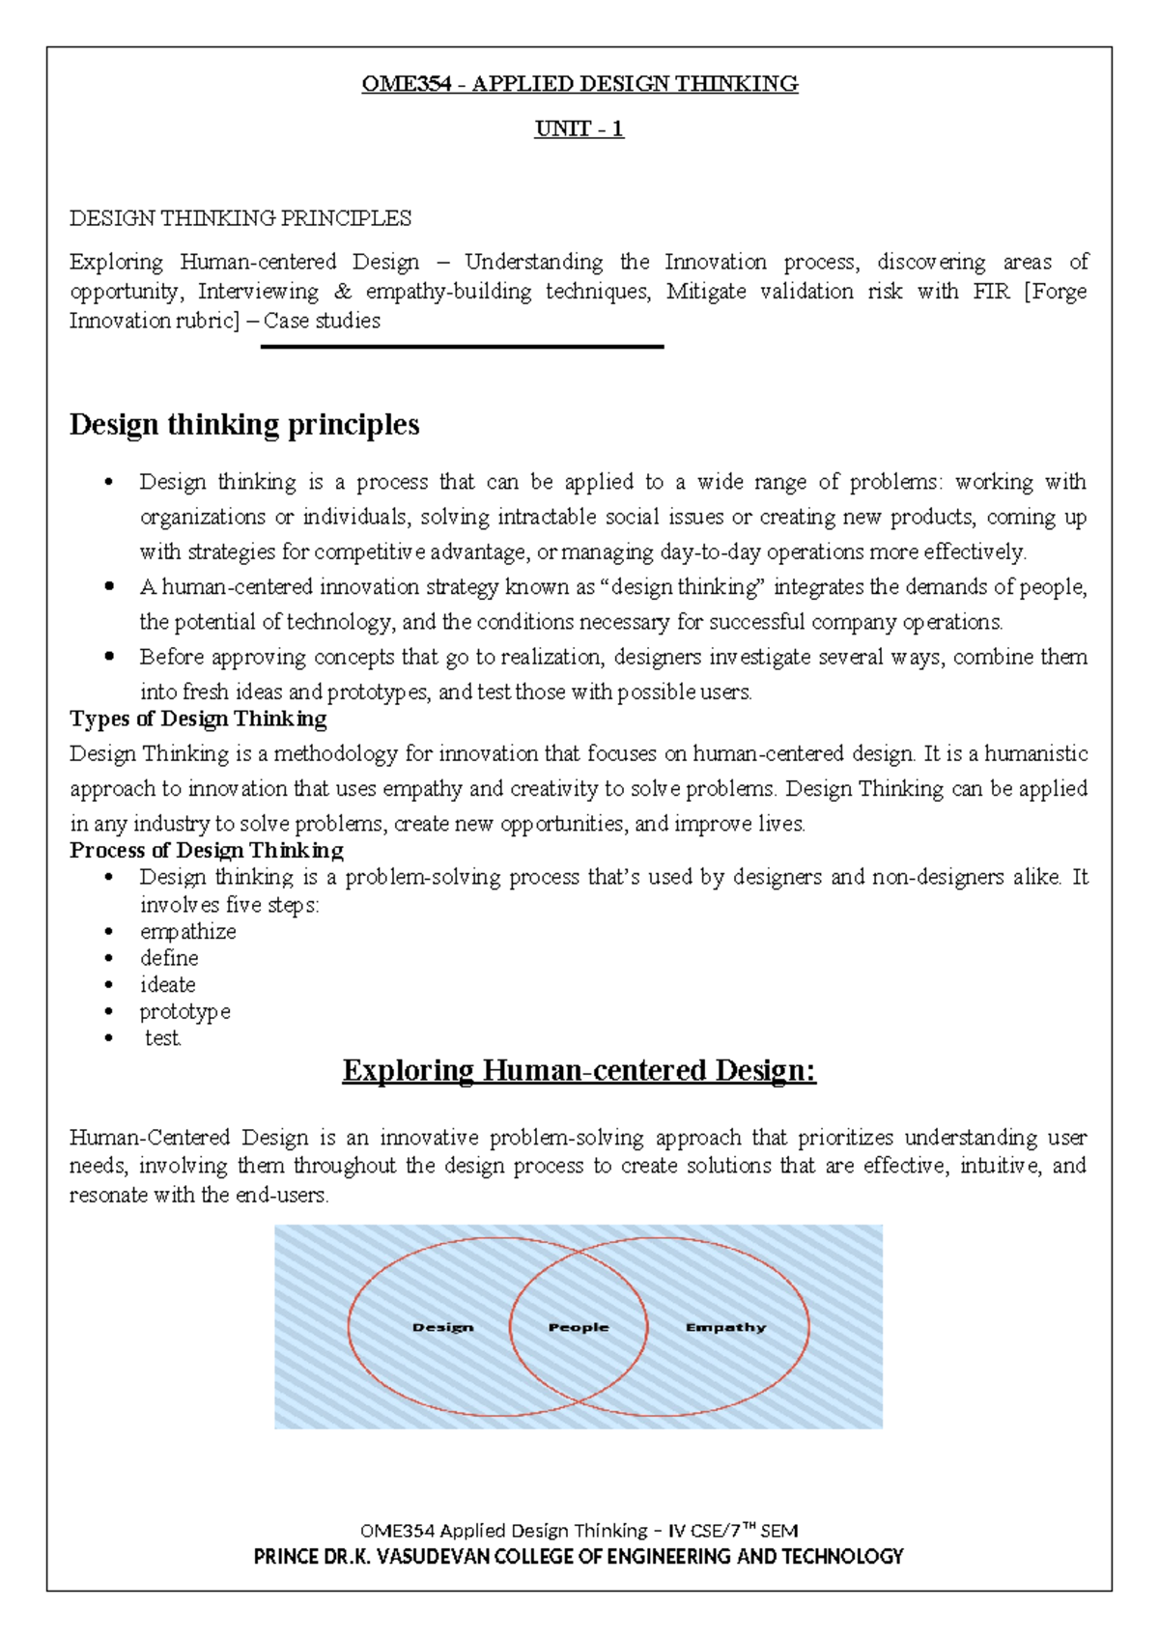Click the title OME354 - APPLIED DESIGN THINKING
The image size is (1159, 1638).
click(x=579, y=84)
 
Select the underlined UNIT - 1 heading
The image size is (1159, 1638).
click(x=579, y=128)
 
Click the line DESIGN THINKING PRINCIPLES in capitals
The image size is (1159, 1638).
click(x=240, y=218)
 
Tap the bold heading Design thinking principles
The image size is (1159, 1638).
click(x=244, y=424)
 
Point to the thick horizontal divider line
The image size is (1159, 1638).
click(x=462, y=347)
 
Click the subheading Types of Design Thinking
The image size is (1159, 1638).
click(x=198, y=719)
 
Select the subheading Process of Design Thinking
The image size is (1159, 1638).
click(x=207, y=850)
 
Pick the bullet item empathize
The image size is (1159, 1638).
click(x=187, y=931)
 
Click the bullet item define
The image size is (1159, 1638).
click(x=169, y=958)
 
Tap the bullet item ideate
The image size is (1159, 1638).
click(x=167, y=985)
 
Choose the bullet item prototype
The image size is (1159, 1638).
click(x=184, y=1011)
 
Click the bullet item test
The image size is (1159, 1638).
click(x=162, y=1038)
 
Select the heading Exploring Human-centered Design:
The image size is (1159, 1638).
click(x=579, y=1070)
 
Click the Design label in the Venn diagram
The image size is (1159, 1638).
click(x=443, y=1327)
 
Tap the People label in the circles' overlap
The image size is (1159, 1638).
click(x=579, y=1327)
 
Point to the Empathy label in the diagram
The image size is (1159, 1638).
click(x=725, y=1327)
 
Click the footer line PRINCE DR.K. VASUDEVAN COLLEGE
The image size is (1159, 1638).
click(x=579, y=1556)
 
